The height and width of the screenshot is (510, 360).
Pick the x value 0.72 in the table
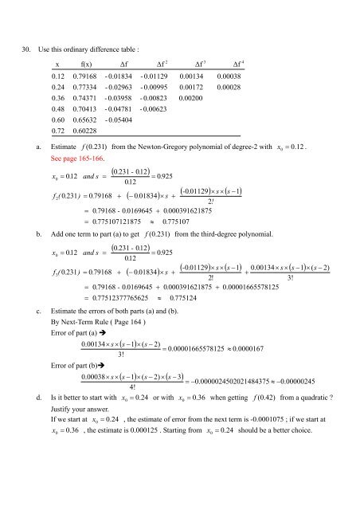click(58, 130)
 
